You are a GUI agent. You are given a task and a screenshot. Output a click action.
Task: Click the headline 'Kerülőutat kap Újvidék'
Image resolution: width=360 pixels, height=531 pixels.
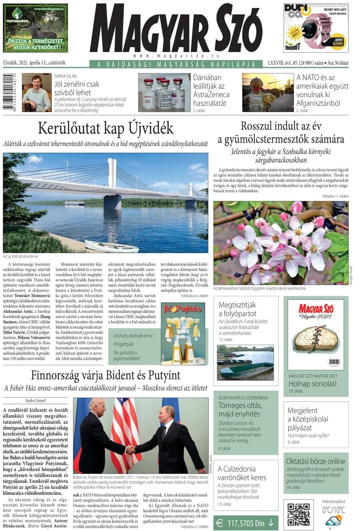105,128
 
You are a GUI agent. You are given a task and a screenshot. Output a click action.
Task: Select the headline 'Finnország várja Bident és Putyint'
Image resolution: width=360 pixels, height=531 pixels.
106,375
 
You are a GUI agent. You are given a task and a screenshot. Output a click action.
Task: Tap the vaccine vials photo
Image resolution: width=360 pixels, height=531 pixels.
164,93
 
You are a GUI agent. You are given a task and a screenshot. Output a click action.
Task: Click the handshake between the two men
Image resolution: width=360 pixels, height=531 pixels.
130,449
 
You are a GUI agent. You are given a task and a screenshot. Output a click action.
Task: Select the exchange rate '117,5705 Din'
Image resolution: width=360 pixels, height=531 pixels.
246,523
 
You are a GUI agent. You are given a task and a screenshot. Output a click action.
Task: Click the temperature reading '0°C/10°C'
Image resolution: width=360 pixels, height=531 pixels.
333,510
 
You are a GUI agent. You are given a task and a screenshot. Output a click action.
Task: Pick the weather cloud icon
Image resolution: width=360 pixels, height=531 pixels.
333,522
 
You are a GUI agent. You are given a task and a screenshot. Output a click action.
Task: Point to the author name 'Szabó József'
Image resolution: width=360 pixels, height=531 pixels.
35,400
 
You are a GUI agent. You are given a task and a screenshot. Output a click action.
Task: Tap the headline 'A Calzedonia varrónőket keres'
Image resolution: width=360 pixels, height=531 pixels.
243,473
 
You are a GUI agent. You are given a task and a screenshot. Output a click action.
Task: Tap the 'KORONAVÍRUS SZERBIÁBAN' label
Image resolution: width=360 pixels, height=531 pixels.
243,398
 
